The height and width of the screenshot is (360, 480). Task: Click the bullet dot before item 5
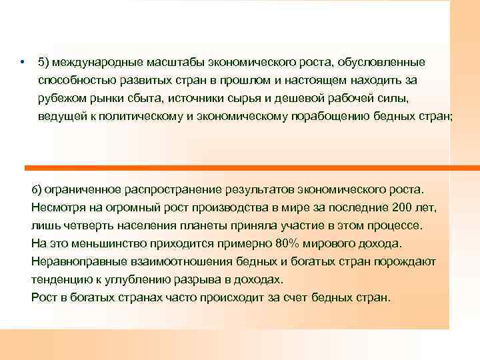[23, 62]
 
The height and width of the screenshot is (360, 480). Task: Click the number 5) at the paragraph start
[43, 62]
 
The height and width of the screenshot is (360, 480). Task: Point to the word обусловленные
[382, 62]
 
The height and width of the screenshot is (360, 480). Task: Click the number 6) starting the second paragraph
[36, 189]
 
